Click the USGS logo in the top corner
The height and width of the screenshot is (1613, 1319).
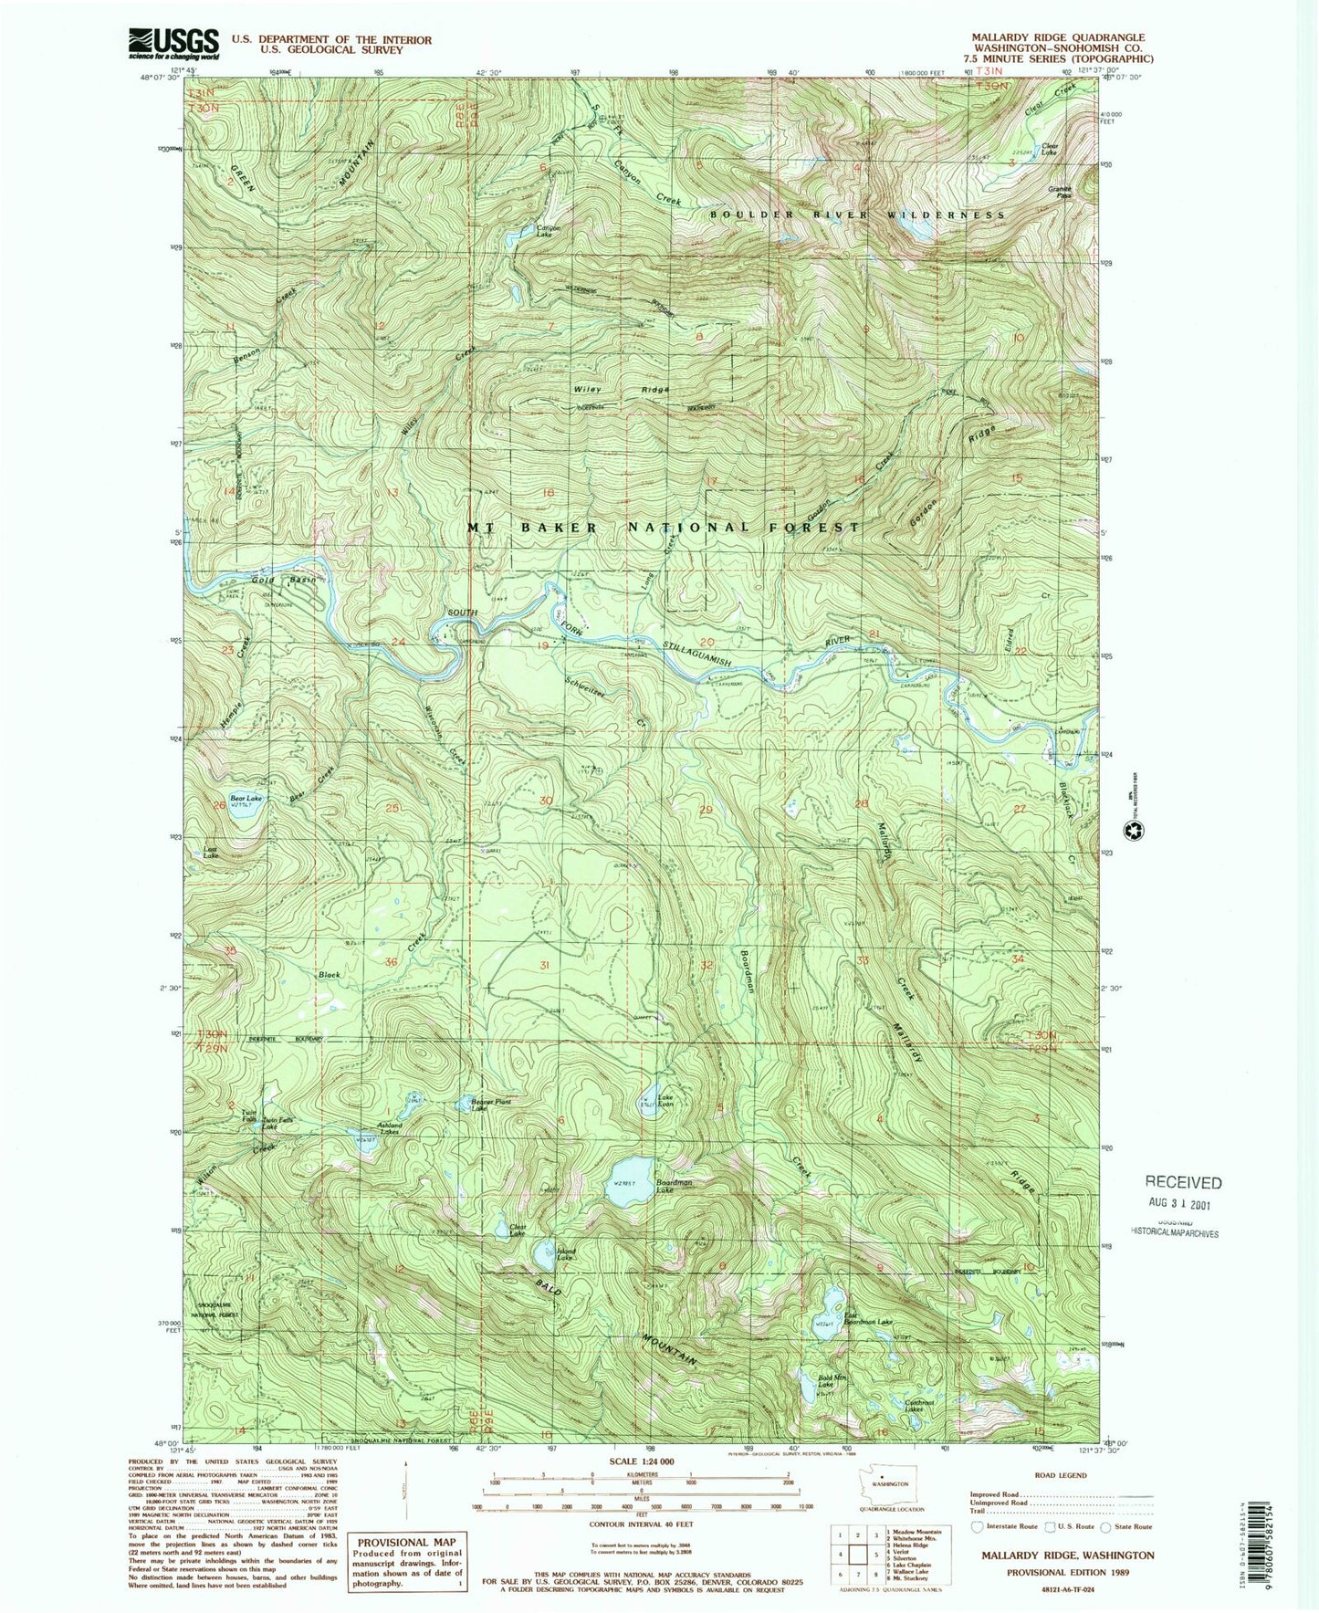coord(173,42)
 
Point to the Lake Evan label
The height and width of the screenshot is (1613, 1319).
coord(666,1101)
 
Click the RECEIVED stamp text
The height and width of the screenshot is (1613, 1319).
coord(1183,1182)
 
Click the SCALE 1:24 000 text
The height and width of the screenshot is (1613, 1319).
coord(640,1461)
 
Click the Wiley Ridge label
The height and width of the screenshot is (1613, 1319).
coord(621,390)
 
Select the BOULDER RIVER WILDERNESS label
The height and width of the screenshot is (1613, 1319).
coord(857,215)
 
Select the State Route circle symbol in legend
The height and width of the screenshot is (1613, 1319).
coord(1105,1526)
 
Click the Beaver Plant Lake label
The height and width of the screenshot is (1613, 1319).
coord(490,1105)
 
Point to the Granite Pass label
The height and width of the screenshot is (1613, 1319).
coord(1059,192)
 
